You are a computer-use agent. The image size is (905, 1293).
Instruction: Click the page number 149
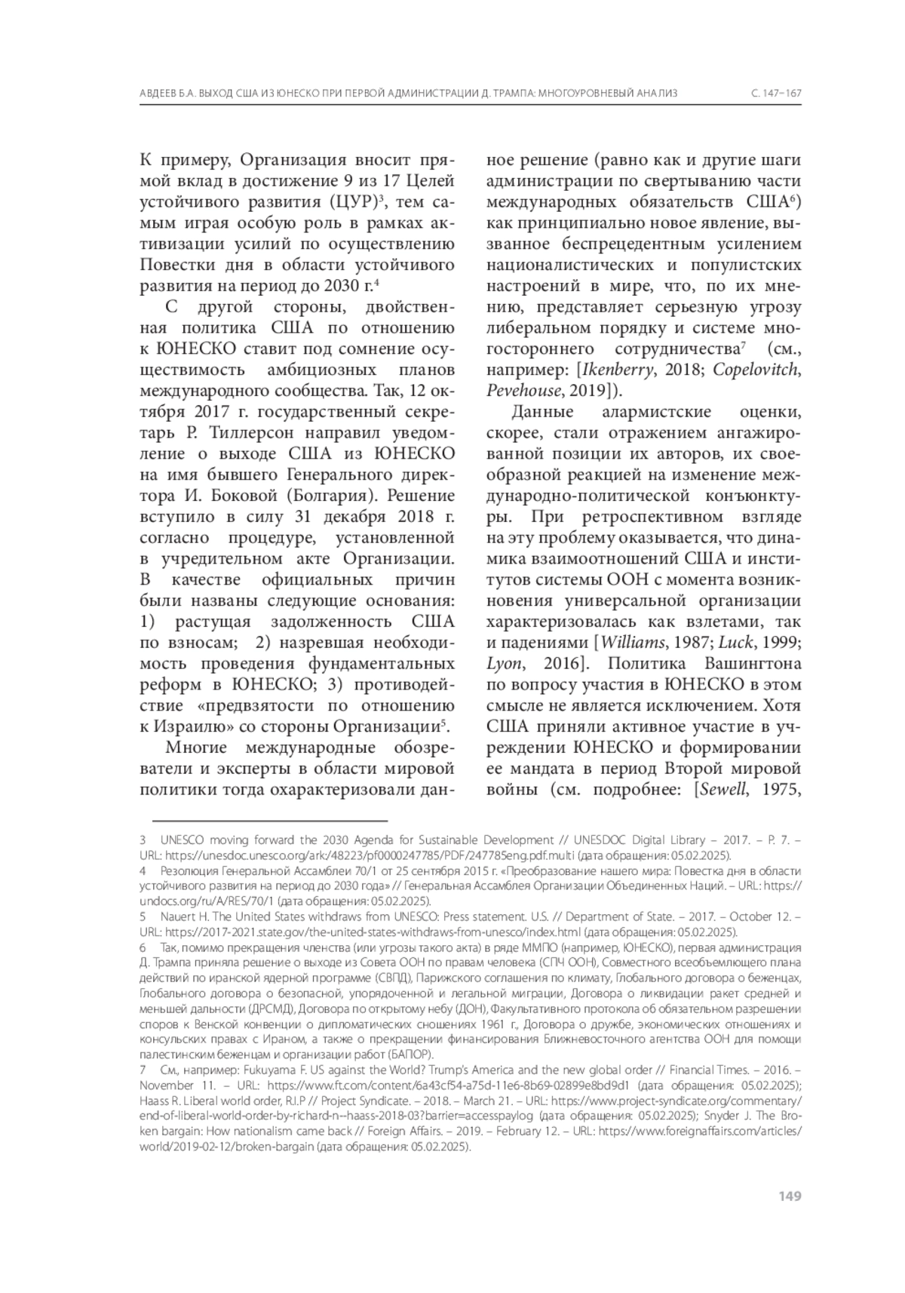[790, 1196]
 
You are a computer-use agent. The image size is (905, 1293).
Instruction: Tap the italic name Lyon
[503, 664]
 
